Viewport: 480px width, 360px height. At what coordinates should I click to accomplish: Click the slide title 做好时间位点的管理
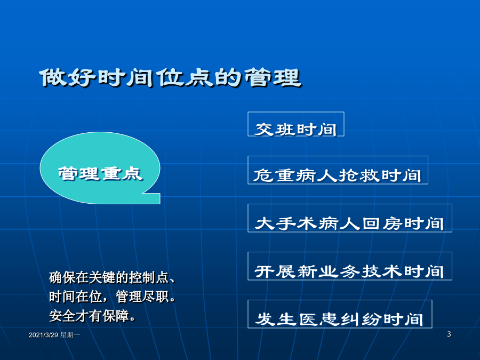click(x=170, y=77)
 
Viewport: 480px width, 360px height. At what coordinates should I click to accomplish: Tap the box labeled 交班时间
click(x=295, y=124)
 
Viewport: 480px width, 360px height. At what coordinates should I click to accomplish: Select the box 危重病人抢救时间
click(x=338, y=170)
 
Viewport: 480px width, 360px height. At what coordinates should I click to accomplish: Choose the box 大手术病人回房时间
click(x=349, y=218)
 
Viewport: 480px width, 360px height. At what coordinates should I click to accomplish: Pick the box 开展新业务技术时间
click(x=349, y=266)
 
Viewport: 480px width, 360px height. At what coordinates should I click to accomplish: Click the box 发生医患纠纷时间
click(x=340, y=314)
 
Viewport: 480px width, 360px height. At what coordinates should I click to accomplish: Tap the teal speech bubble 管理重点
click(x=100, y=168)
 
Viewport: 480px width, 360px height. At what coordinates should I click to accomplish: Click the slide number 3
click(x=449, y=334)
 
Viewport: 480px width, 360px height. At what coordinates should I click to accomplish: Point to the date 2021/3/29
click(x=44, y=335)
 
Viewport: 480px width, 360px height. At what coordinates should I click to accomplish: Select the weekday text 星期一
click(x=70, y=335)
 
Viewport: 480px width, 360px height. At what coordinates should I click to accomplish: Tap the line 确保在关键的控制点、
click(x=112, y=278)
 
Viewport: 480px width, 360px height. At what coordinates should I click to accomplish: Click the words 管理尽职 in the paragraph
click(x=142, y=297)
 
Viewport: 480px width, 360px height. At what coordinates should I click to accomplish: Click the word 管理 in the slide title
click(x=273, y=77)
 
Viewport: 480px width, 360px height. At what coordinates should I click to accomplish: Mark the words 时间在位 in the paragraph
click(x=75, y=297)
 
